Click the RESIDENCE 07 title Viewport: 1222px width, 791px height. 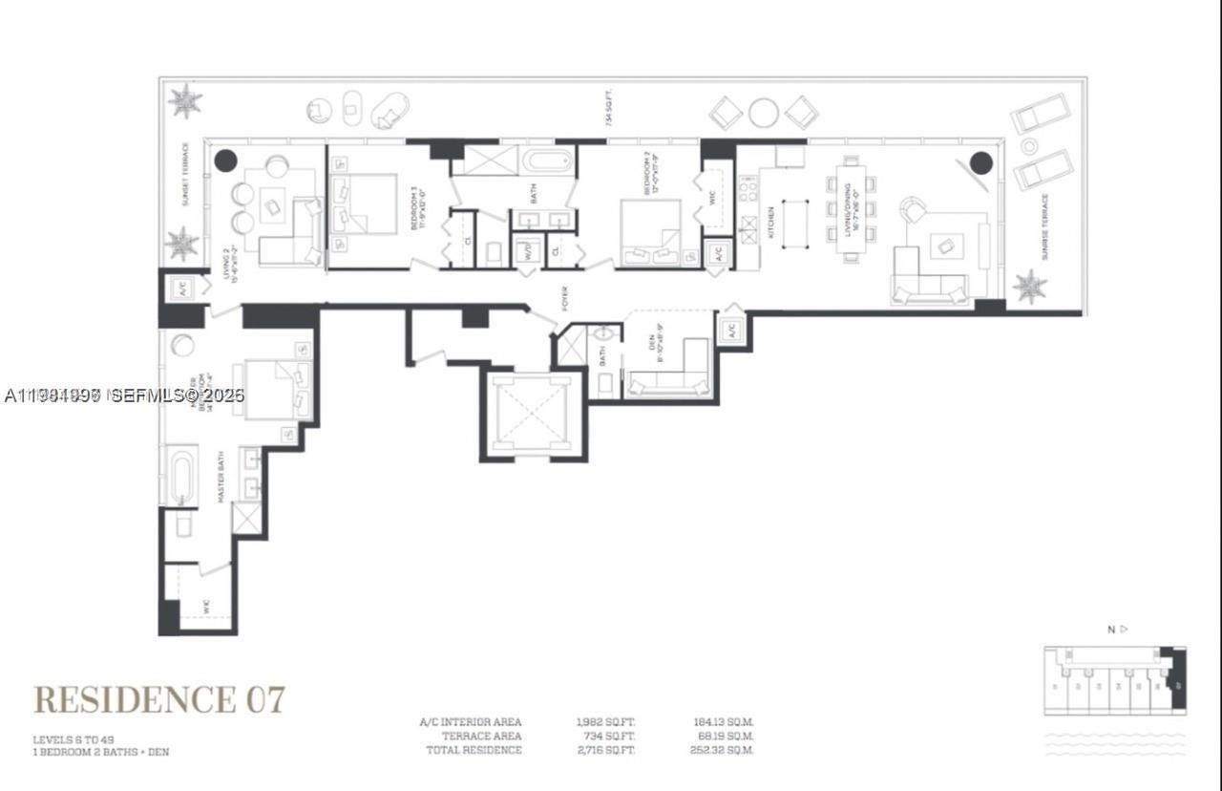point(159,699)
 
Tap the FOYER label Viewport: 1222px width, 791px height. point(565,298)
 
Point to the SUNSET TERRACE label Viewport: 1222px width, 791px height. point(185,175)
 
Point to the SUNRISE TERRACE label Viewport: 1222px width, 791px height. point(1044,227)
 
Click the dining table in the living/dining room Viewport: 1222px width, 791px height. point(850,209)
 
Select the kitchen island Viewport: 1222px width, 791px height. point(795,224)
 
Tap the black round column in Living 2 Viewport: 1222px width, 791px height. point(225,160)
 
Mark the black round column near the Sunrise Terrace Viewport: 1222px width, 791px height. point(980,163)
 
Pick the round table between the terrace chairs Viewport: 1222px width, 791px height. point(763,113)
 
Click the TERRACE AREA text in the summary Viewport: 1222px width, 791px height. point(481,737)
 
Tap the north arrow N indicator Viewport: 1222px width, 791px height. point(1116,629)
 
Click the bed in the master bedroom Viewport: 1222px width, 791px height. point(275,390)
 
